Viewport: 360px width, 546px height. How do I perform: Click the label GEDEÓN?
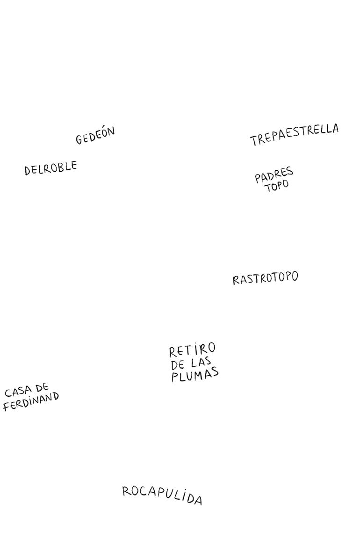[x=95, y=136]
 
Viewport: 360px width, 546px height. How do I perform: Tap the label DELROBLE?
[x=50, y=168]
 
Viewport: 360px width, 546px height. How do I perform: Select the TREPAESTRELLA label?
[x=294, y=135]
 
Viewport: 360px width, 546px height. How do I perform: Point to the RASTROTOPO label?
[x=265, y=278]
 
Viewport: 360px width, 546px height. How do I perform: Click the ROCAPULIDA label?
[x=162, y=495]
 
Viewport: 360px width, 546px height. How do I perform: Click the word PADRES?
[x=274, y=175]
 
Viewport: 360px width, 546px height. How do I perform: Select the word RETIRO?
[x=192, y=350]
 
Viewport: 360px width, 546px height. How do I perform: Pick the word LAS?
[x=201, y=363]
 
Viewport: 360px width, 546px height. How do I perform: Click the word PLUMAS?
[x=195, y=375]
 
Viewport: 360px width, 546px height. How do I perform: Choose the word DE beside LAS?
[x=178, y=365]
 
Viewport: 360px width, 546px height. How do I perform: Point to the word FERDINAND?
[x=31, y=402]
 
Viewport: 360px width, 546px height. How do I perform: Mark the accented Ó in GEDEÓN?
[x=103, y=133]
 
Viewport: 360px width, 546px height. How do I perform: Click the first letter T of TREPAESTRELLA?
[x=254, y=140]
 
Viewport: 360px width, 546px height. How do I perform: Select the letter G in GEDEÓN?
[x=79, y=140]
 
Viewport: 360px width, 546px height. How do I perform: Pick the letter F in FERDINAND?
[x=6, y=407]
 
